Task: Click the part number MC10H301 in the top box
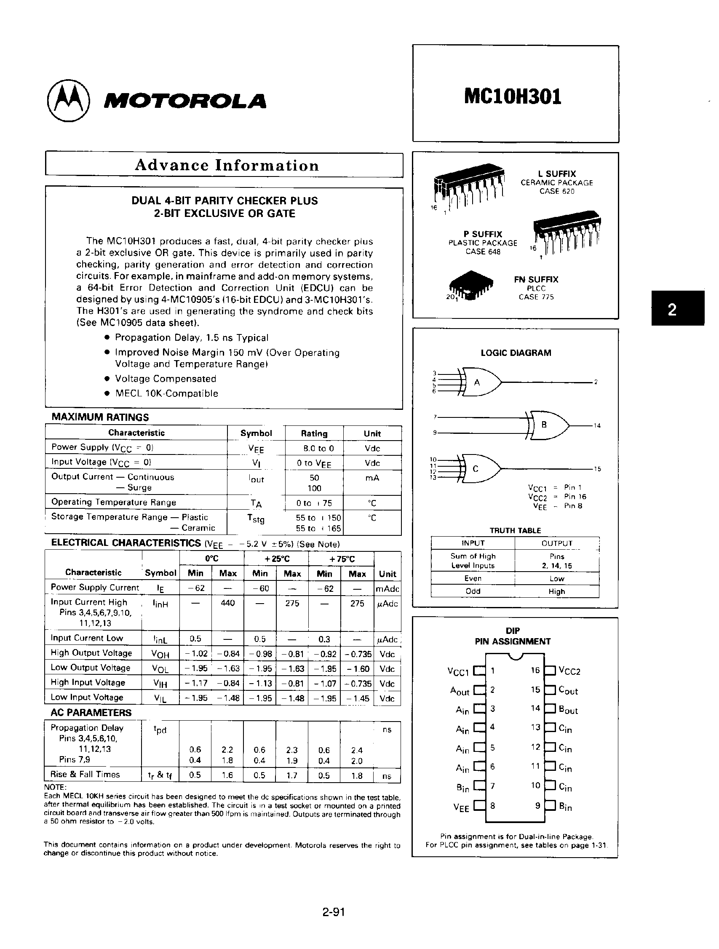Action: pos(513,97)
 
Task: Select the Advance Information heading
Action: pos(227,165)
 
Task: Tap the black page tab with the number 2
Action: pos(677,308)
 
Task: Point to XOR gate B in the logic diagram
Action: pos(547,425)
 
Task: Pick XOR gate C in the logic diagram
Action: pos(479,468)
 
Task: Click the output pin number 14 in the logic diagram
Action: pos(597,425)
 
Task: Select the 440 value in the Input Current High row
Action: pos(228,603)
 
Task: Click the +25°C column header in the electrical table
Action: pos(276,559)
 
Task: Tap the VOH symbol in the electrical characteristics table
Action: pos(160,654)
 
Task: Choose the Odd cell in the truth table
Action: pos(473,591)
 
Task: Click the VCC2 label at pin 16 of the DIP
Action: pos(569,671)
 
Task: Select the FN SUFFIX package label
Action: pos(536,280)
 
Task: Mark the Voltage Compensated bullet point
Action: pos(165,379)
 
